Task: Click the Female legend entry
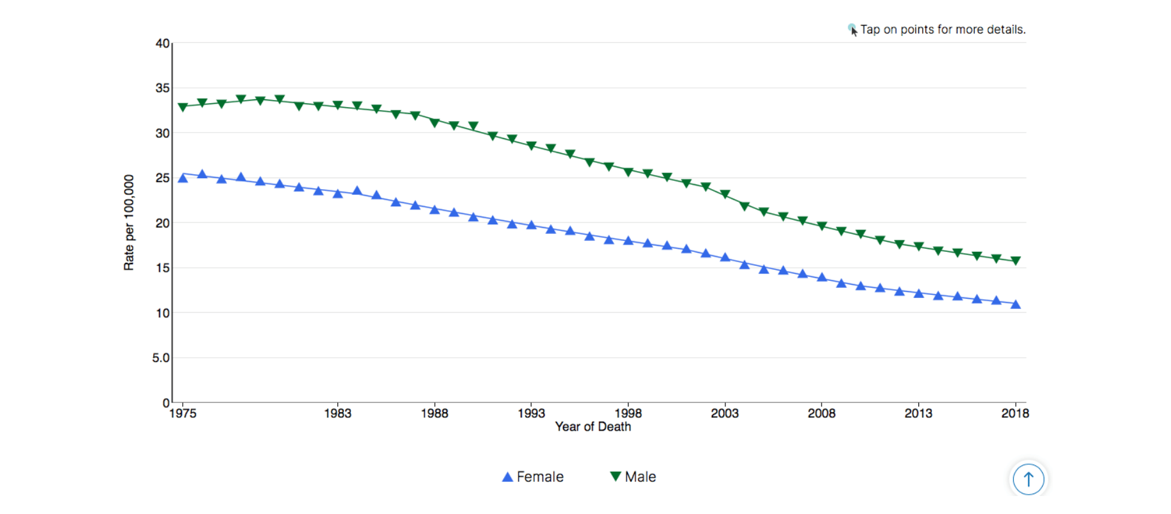[533, 477]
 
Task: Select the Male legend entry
[633, 477]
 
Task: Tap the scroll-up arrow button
[1028, 479]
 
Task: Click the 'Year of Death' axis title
[593, 427]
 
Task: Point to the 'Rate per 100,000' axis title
[129, 222]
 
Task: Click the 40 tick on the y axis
[162, 44]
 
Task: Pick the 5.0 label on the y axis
[161, 358]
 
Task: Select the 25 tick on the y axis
[162, 178]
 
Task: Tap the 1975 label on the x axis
[183, 413]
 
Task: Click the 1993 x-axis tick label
[531, 413]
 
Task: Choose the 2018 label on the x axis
[1015, 413]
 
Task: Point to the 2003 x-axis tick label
[725, 413]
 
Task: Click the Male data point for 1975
[183, 107]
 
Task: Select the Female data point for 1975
[183, 178]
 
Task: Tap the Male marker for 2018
[1016, 261]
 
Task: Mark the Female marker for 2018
[1016, 304]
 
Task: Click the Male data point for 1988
[435, 122]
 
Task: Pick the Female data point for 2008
[822, 278]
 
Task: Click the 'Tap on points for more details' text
[942, 29]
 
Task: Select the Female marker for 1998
[628, 241]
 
